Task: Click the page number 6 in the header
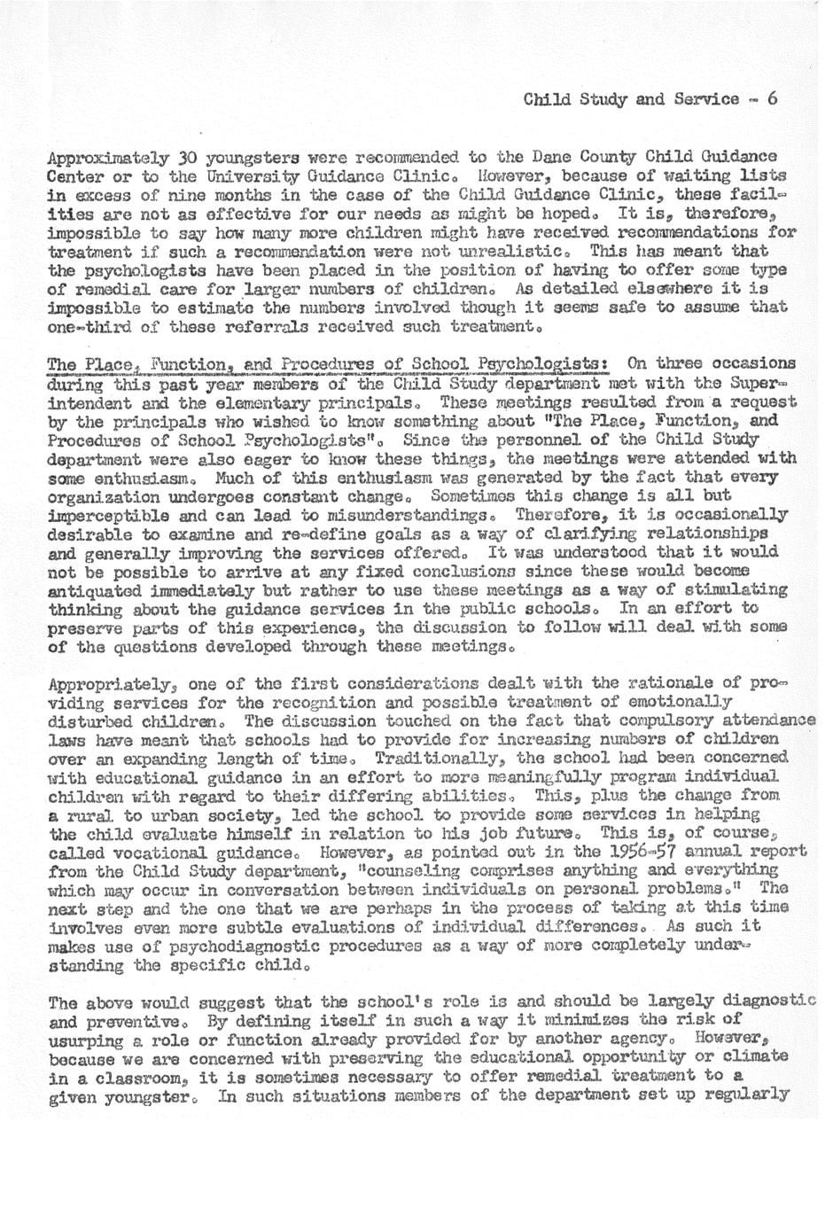[773, 98]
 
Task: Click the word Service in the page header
[706, 98]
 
